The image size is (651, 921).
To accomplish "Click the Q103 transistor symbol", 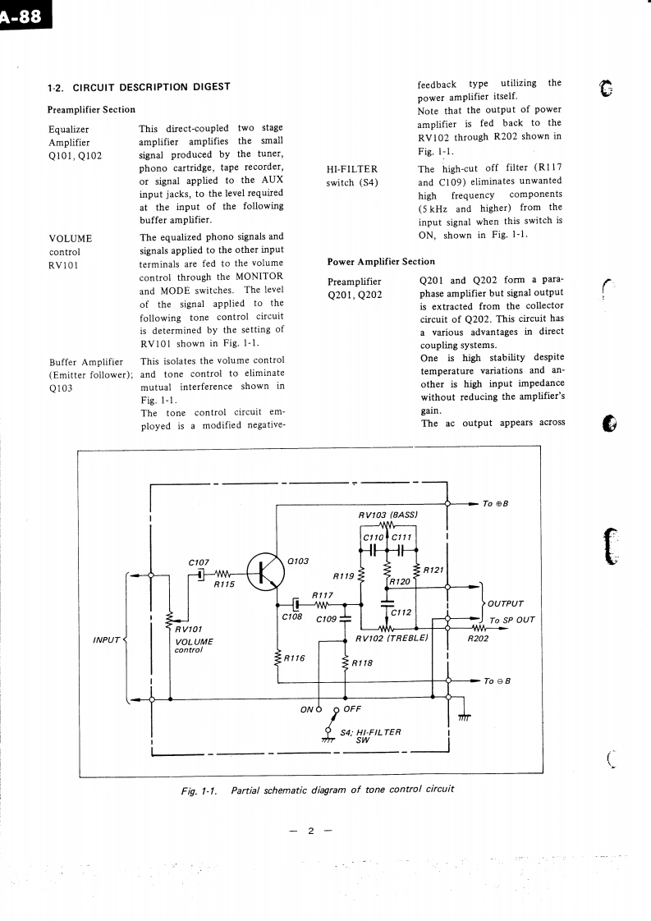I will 260,571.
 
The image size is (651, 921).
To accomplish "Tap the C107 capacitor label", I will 199,562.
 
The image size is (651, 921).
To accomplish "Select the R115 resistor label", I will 224,585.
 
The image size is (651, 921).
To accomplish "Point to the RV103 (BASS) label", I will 389,515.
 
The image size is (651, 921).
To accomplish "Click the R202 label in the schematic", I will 477,637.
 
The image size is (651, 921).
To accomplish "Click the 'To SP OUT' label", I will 512,620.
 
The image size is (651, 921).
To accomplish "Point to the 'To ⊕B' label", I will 497,503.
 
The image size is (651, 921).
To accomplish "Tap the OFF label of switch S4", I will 351,708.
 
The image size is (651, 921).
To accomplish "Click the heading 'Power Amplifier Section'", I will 381,262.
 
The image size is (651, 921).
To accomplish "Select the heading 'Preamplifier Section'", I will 91,109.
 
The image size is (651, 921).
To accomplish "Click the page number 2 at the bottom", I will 311,831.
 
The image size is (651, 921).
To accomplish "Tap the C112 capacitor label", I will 401,612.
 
